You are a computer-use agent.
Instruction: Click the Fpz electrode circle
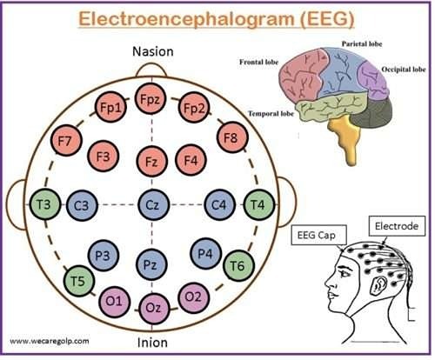pyautogui.click(x=151, y=99)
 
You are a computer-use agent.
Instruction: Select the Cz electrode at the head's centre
pyautogui.click(x=153, y=205)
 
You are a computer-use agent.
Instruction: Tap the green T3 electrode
pyautogui.click(x=45, y=204)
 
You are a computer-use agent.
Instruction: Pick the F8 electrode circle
pyautogui.click(x=232, y=137)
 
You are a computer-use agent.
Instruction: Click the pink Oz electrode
pyautogui.click(x=154, y=308)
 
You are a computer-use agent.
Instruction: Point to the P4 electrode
pyautogui.click(x=206, y=254)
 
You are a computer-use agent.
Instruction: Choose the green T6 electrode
pyautogui.click(x=238, y=265)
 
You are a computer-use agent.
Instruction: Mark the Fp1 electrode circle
pyautogui.click(x=110, y=108)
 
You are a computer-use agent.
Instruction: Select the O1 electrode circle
pyautogui.click(x=115, y=302)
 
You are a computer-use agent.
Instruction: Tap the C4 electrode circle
pyautogui.click(x=219, y=205)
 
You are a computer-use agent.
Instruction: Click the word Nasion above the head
pyautogui.click(x=153, y=52)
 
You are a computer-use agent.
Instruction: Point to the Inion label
pyautogui.click(x=152, y=343)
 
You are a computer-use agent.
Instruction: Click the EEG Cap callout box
pyautogui.click(x=318, y=235)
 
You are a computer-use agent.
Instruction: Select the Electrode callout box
pyautogui.click(x=397, y=226)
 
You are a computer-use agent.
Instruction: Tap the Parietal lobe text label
pyautogui.click(x=362, y=44)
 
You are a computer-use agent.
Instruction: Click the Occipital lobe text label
pyautogui.click(x=404, y=70)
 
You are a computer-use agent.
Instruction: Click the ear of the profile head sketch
pyautogui.click(x=378, y=286)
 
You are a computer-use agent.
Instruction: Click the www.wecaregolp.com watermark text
pyautogui.click(x=50, y=341)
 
